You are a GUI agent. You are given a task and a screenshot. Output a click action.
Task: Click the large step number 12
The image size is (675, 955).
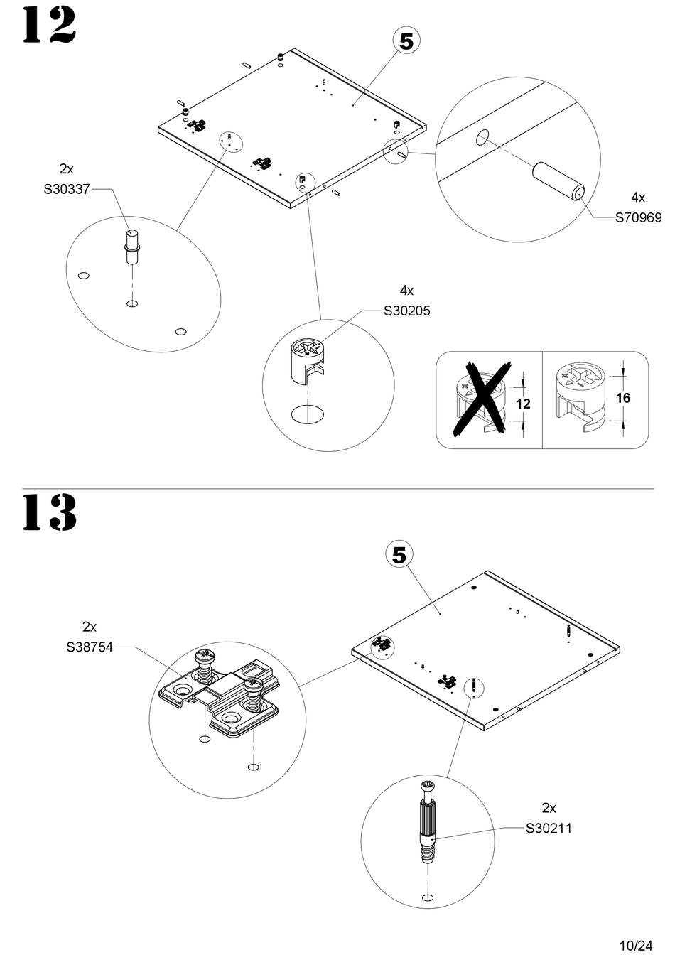[49, 25]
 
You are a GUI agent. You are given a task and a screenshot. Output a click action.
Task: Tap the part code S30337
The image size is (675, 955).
[67, 189]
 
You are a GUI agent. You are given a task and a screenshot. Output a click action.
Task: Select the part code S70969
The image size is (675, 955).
[638, 218]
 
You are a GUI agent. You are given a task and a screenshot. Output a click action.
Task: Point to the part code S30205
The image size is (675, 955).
[407, 311]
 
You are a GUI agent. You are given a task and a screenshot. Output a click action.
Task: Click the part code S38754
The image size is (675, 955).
[90, 647]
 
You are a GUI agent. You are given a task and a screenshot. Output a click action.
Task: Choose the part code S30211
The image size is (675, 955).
[549, 829]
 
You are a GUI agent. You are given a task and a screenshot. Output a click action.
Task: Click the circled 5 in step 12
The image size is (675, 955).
[406, 42]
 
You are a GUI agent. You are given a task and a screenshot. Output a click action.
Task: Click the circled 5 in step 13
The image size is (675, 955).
[399, 556]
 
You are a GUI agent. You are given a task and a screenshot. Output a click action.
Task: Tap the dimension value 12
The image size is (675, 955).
[523, 404]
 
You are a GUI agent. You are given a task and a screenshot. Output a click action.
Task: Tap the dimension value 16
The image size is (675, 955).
[623, 398]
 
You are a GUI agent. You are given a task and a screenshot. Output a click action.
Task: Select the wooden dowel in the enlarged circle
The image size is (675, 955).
[558, 180]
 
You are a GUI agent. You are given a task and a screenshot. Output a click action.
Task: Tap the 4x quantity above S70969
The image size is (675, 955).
[638, 198]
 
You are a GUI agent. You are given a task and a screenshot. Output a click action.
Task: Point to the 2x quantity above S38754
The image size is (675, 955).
[90, 627]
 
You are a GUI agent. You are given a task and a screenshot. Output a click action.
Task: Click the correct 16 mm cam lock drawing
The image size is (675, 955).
[580, 395]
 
